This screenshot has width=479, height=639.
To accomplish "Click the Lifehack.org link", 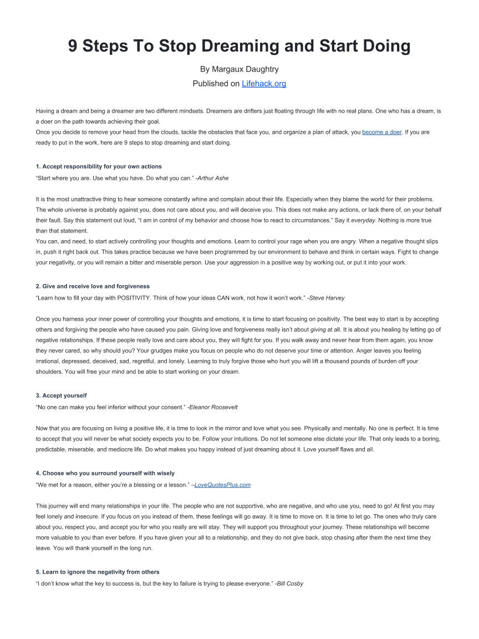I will coord(264,84).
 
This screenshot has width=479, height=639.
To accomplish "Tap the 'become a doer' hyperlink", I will coord(382,133).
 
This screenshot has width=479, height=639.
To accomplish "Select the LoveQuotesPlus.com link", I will coord(223,485).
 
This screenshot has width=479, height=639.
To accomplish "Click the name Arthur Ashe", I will coord(213,178).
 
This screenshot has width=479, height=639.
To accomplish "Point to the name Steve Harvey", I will coord(327,298).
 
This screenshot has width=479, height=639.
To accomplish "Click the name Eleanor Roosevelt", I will coord(214,407).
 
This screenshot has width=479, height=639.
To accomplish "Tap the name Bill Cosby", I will coord(291,584).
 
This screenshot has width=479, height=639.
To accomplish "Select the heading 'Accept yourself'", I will coord(61,395).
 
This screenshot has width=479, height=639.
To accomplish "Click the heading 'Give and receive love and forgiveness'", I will coord(93,286).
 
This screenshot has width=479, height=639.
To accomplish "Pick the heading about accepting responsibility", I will coord(99,166).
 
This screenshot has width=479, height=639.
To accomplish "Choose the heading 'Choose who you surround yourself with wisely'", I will coord(105,473).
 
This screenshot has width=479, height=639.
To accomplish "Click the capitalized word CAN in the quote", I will coord(228,298).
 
